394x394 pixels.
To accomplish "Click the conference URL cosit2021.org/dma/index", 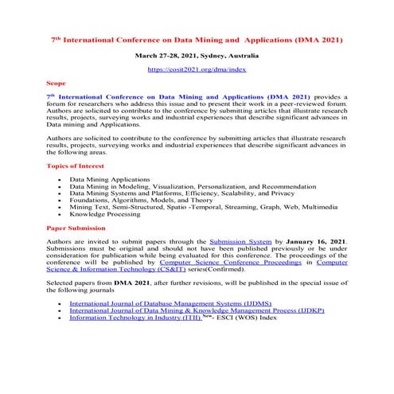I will (197, 70).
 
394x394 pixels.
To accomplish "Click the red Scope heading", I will (57, 82).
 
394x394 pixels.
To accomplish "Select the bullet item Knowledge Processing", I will (103, 214).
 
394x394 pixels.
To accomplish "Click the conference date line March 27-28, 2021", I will (196, 57).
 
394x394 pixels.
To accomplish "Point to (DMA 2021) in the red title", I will (322, 37).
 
